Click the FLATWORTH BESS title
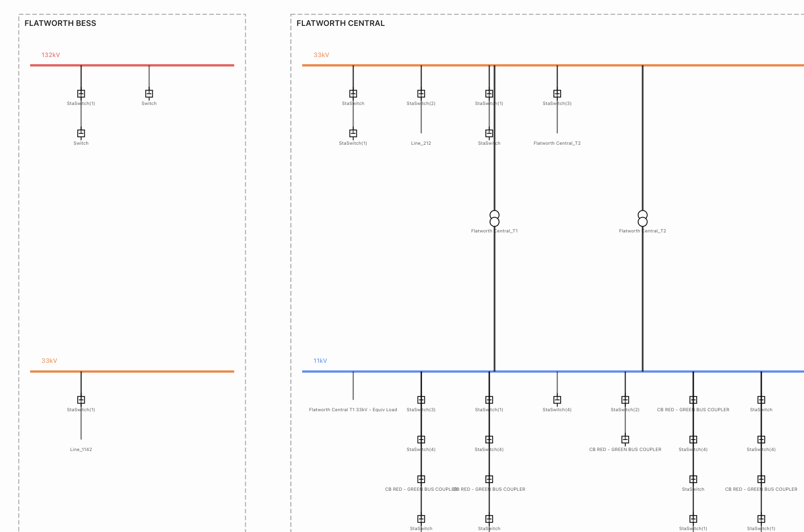[60, 23]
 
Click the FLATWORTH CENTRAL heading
[340, 23]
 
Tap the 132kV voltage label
[51, 55]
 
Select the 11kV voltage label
[320, 361]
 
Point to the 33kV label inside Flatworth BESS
[49, 361]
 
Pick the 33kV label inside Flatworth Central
[321, 55]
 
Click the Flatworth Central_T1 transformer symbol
[494, 219]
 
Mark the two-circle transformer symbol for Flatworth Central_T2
[643, 219]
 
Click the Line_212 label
[421, 143]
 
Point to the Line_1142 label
[81, 450]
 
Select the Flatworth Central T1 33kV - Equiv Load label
[353, 410]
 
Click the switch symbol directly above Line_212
[421, 93]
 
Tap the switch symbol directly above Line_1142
[81, 400]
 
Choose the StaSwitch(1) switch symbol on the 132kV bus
[81, 93]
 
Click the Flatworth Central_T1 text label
[494, 231]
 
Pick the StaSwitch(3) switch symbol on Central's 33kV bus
[557, 93]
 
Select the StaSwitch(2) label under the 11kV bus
[625, 410]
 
